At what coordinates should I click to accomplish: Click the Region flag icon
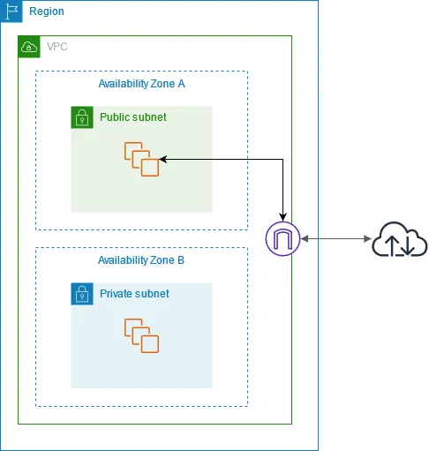tap(11, 11)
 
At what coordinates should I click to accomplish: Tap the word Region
tap(46, 11)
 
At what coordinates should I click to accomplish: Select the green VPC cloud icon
tap(29, 47)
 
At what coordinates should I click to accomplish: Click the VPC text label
tap(56, 47)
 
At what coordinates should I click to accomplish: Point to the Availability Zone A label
tap(141, 83)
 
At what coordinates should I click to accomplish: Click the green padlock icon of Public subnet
tap(82, 117)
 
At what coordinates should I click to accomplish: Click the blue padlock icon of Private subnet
tap(82, 294)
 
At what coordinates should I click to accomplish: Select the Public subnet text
tap(132, 117)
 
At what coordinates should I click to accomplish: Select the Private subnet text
tap(134, 294)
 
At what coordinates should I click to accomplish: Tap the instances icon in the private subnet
tap(141, 335)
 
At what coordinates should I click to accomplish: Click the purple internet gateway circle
tap(283, 238)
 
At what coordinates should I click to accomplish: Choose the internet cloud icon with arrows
tap(399, 239)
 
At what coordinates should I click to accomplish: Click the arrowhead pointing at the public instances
tap(164, 159)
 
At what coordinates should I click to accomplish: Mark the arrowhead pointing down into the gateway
tap(283, 216)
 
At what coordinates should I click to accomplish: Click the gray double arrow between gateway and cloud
tap(335, 239)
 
